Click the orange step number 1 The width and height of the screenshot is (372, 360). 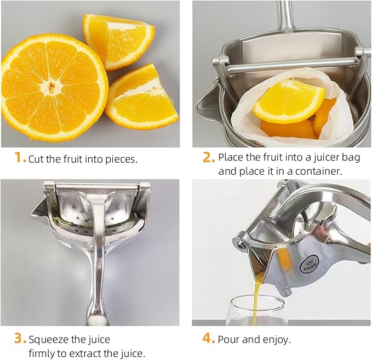[x=19, y=158]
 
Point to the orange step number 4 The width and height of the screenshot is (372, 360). [x=209, y=339]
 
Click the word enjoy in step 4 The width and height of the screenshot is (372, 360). [x=276, y=340]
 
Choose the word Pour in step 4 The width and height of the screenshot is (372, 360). [x=228, y=340]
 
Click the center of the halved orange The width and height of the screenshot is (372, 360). [x=54, y=85]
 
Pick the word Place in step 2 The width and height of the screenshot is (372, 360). [x=230, y=157]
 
